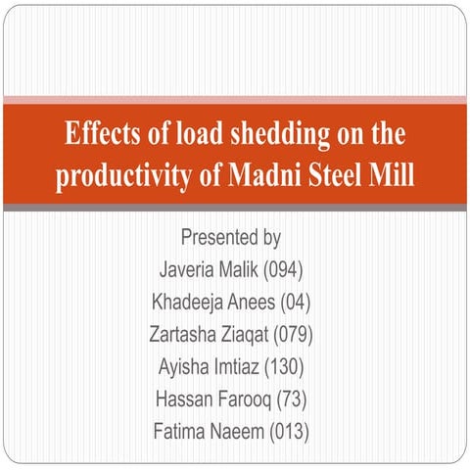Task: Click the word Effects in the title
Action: tap(102, 133)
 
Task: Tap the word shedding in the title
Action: tap(280, 134)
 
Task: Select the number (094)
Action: tap(283, 270)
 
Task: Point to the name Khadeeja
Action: tap(187, 302)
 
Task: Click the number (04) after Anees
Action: tap(296, 303)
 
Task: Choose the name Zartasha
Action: tap(182, 334)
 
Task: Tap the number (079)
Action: tap(293, 335)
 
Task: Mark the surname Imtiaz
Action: tap(232, 366)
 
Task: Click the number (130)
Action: tap(284, 367)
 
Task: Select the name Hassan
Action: tap(184, 399)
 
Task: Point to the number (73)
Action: tap(292, 399)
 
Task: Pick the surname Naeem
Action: tap(236, 431)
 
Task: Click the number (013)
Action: tap(289, 432)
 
